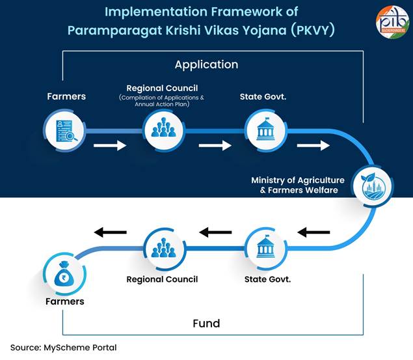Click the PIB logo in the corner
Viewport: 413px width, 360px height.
[x=392, y=21]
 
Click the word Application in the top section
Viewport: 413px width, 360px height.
[x=206, y=64]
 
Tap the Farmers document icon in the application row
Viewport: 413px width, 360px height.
[x=66, y=131]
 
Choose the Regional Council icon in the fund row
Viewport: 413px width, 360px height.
[x=163, y=249]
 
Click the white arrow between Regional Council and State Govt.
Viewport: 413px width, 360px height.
[x=215, y=145]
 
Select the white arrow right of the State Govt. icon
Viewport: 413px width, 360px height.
[x=313, y=145]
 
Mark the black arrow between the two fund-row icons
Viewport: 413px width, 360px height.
[x=215, y=232]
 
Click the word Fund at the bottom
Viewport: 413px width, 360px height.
[x=206, y=323]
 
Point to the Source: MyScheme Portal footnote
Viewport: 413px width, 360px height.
[x=63, y=348]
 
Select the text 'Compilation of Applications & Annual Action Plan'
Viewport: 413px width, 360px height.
[x=161, y=101]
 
